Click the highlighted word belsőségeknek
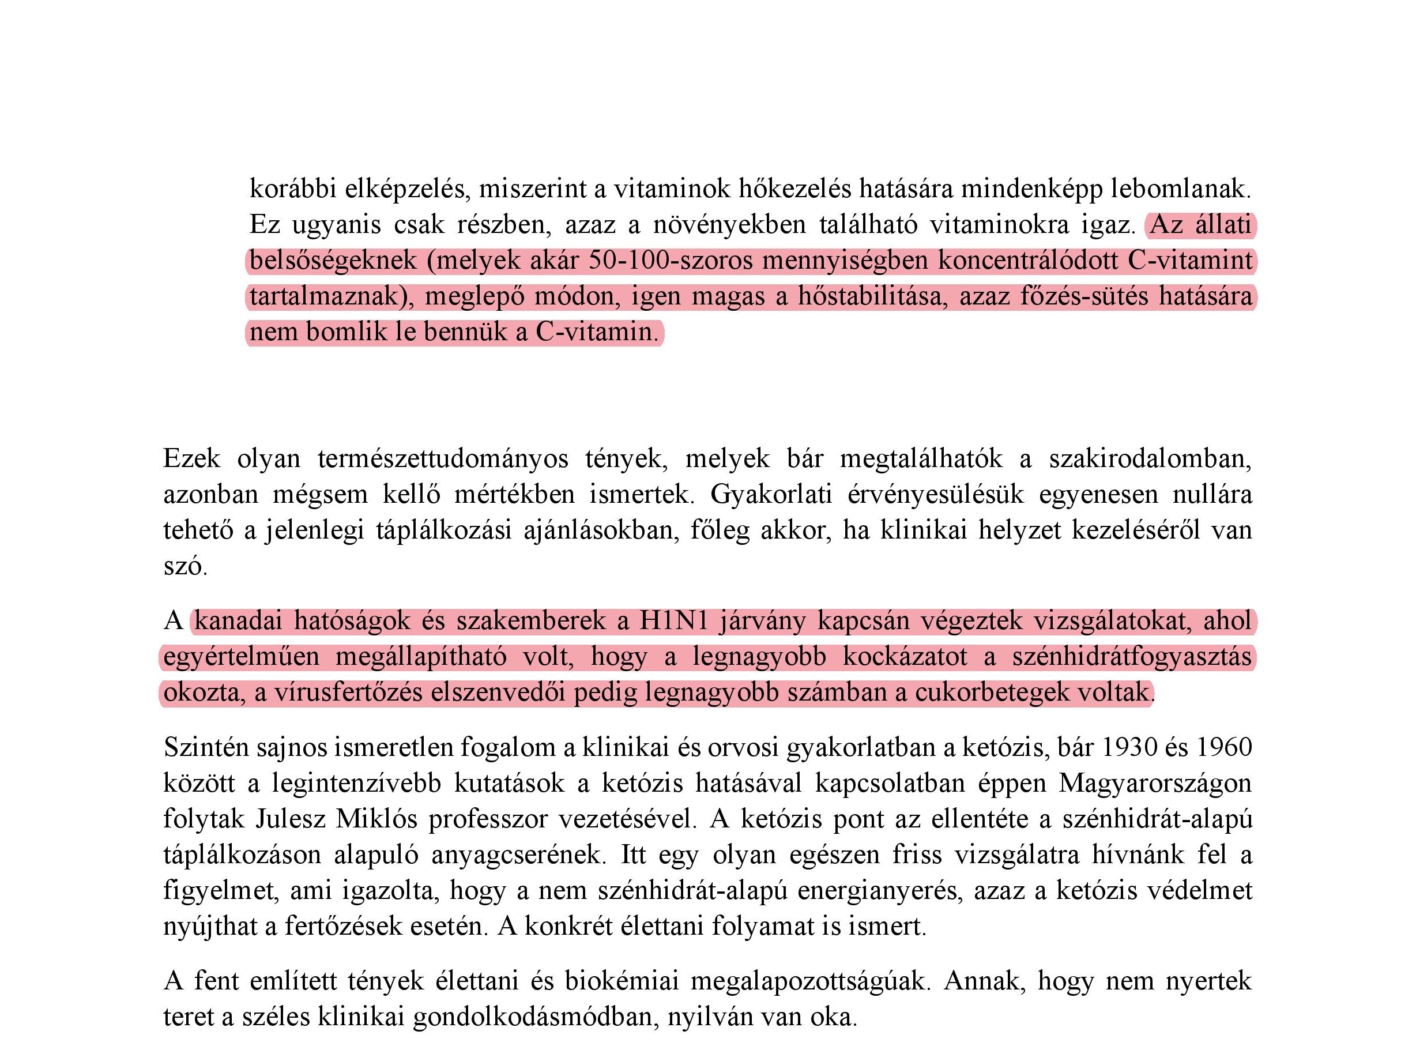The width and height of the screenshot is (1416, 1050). click(x=333, y=261)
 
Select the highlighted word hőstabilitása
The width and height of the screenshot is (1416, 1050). click(x=871, y=297)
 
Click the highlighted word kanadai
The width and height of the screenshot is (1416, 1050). click(x=238, y=621)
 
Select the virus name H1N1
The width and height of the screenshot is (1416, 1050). click(x=673, y=621)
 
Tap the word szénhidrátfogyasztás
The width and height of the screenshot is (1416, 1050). click(x=1132, y=657)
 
